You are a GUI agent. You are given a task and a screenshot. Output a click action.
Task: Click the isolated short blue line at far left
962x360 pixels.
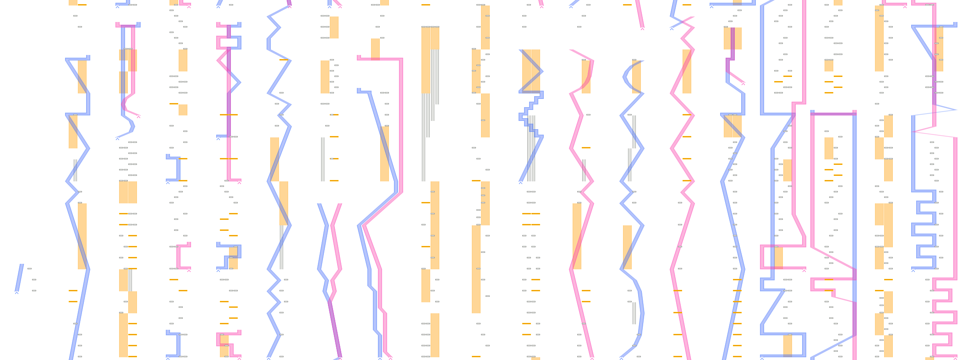coord(19,278)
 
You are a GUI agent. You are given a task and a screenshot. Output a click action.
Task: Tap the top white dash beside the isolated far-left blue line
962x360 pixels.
coord(29,268)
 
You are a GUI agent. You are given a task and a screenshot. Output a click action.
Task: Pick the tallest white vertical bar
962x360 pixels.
coord(424,137)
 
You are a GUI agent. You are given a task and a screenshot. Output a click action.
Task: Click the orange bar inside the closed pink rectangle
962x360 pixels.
coord(778,257)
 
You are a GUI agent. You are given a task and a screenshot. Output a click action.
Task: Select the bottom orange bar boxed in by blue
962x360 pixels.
coord(787,345)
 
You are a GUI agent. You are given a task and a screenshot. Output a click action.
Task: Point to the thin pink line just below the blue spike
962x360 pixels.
coord(935,134)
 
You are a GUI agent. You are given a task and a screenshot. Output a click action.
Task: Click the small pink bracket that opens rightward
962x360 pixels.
coord(182,256)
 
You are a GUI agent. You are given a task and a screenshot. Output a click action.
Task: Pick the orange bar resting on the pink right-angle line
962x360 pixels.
coord(375,49)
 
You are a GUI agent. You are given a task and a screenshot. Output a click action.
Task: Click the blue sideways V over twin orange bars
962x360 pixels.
coord(531,71)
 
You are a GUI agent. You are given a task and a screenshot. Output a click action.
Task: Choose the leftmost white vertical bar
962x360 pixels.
coord(75,170)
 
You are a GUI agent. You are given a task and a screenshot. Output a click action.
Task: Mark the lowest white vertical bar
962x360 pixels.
coord(634,313)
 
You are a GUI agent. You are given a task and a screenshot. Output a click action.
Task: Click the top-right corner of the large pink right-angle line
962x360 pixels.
coord(402,59)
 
